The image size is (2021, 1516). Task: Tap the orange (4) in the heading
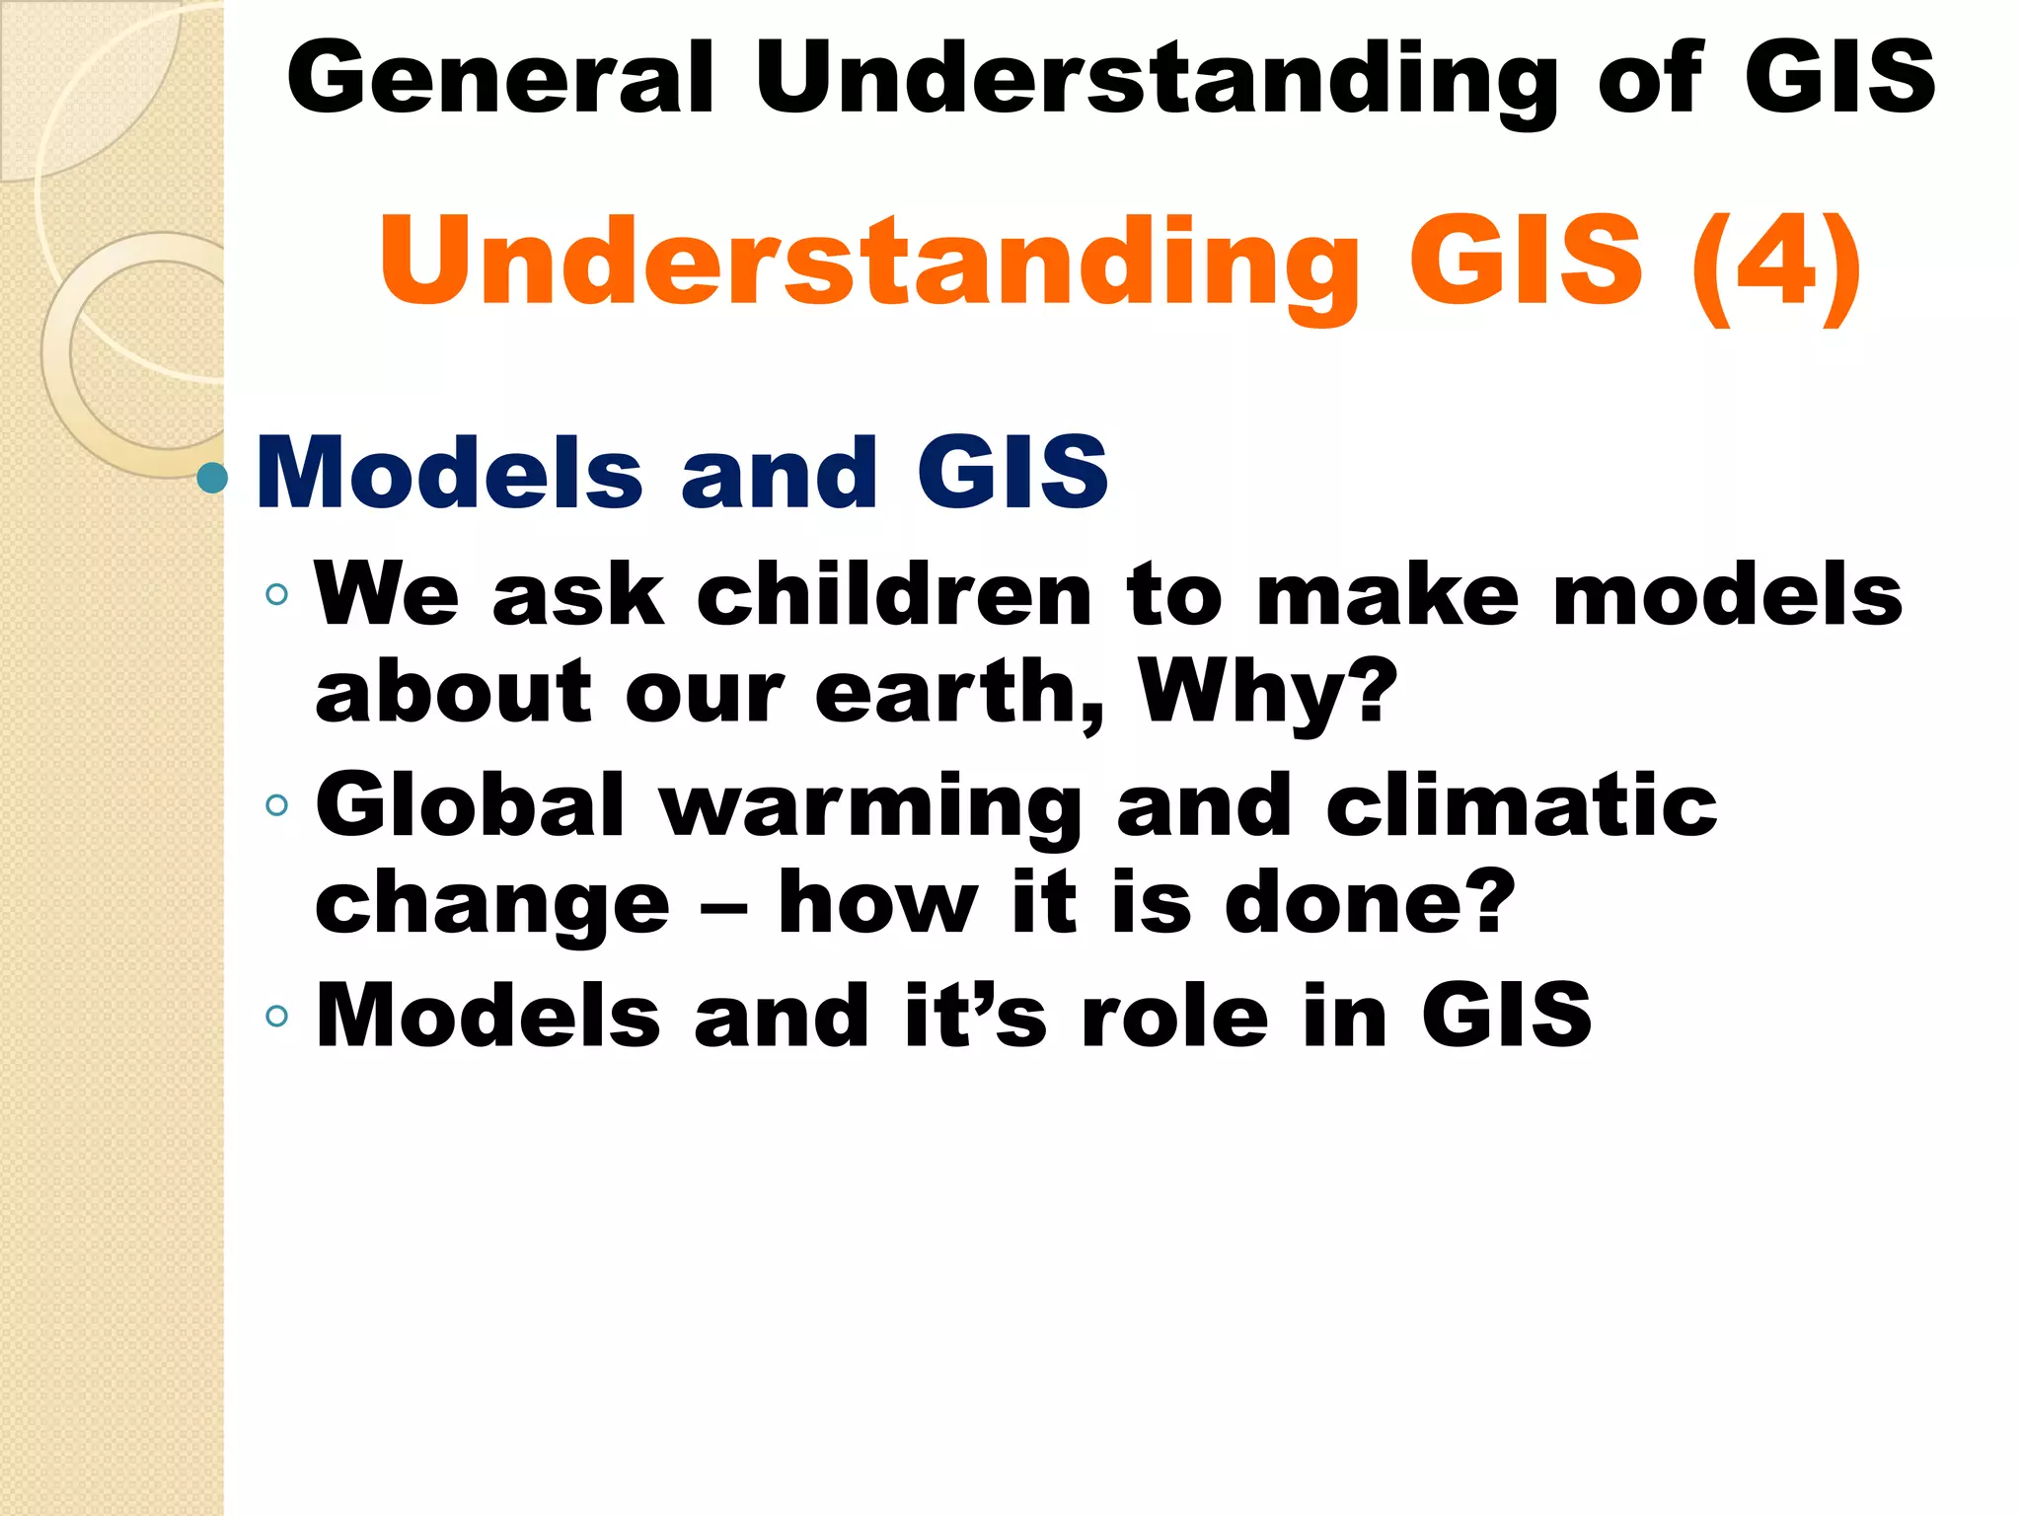click(1775, 263)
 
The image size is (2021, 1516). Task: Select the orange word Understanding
click(869, 263)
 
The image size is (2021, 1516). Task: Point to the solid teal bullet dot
click(212, 479)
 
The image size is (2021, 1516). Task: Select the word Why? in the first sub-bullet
click(1268, 691)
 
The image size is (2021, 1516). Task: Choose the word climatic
click(1521, 805)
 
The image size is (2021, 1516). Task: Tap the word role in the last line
click(1174, 1017)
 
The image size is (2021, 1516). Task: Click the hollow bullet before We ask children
click(277, 594)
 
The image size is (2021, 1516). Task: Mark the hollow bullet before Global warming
click(277, 805)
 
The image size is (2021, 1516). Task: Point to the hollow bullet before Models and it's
click(277, 1016)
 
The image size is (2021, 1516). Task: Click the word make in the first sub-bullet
click(1387, 595)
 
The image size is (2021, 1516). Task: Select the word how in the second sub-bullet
click(878, 902)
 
